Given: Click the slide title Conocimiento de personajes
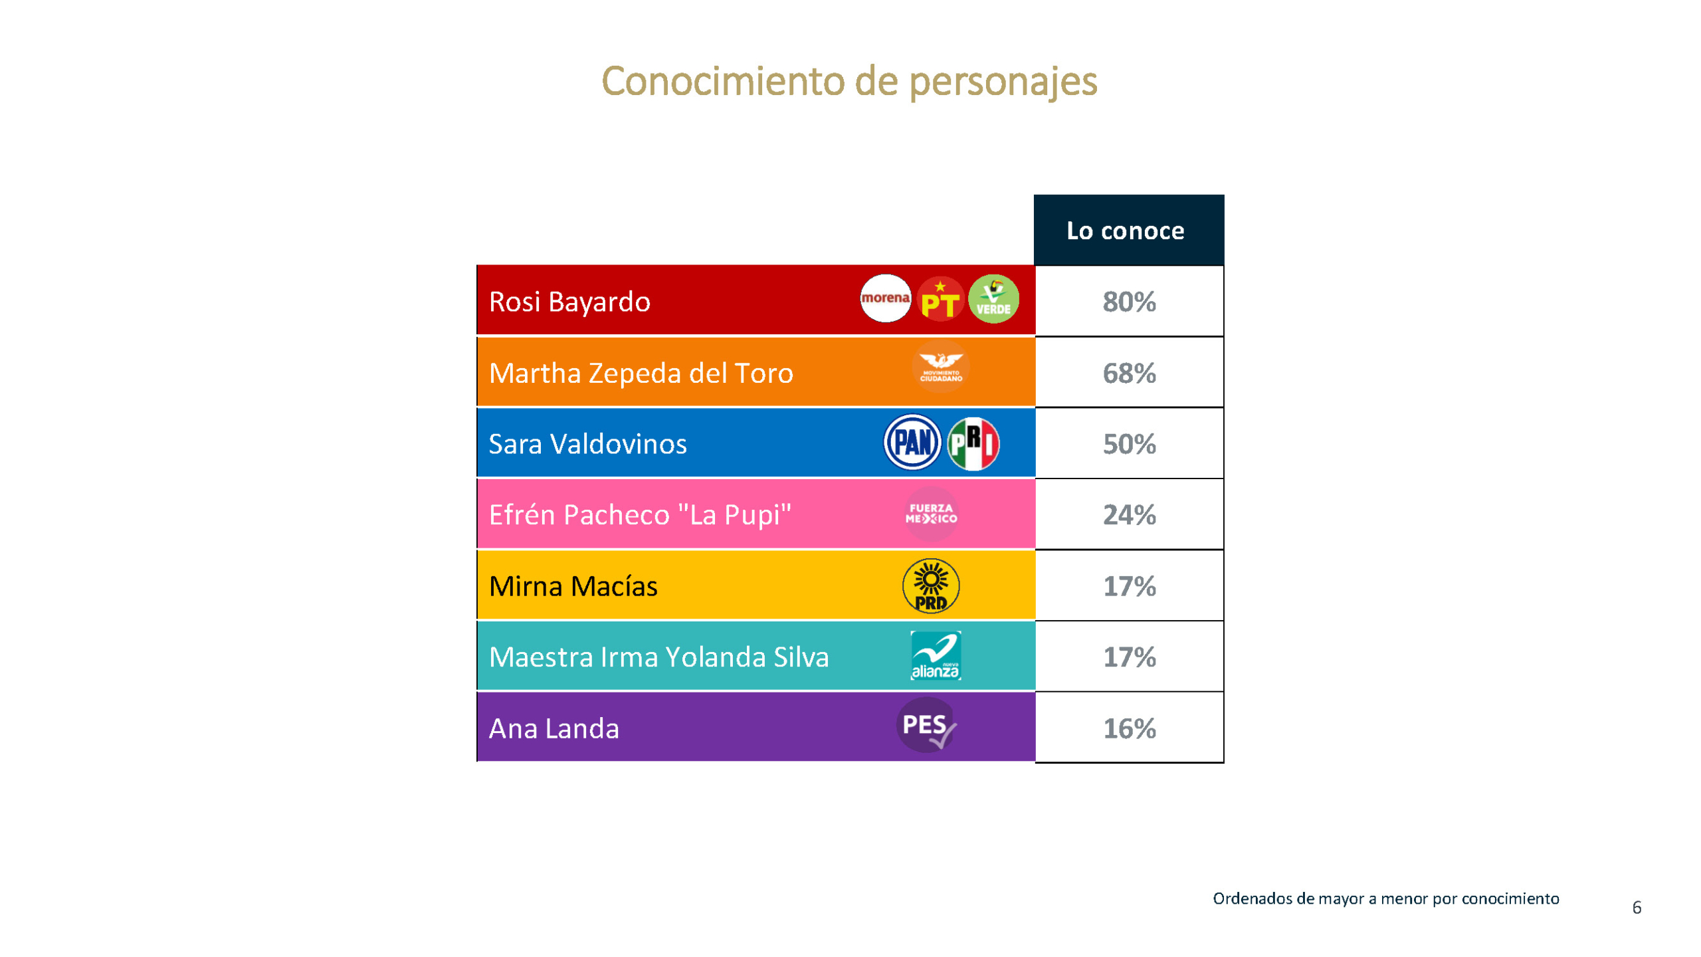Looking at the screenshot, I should click(849, 81).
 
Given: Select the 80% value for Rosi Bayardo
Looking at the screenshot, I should click(1129, 302).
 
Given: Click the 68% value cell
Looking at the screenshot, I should click(1129, 373).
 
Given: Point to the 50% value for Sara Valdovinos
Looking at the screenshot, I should click(1129, 444).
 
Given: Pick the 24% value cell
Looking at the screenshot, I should click(1129, 515).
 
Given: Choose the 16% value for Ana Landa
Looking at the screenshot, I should click(1129, 728).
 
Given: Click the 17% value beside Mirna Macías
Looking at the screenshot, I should click(1129, 586).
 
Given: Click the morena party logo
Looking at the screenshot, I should click(885, 298).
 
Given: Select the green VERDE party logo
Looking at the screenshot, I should click(993, 299).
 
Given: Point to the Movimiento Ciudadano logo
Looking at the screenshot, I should click(940, 367).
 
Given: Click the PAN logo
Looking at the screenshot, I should click(912, 443).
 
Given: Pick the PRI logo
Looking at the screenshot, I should click(973, 443).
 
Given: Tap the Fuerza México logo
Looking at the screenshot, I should click(931, 514).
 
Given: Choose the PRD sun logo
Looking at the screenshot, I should click(930, 585).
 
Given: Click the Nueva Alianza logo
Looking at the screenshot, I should click(935, 656).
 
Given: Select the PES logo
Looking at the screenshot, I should click(927, 725).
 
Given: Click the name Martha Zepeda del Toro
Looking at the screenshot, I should click(641, 373).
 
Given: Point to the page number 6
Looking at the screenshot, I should click(1636, 907).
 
